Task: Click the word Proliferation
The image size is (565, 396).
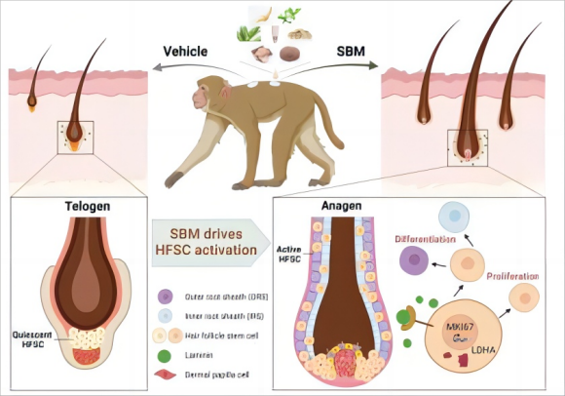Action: click(512, 276)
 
